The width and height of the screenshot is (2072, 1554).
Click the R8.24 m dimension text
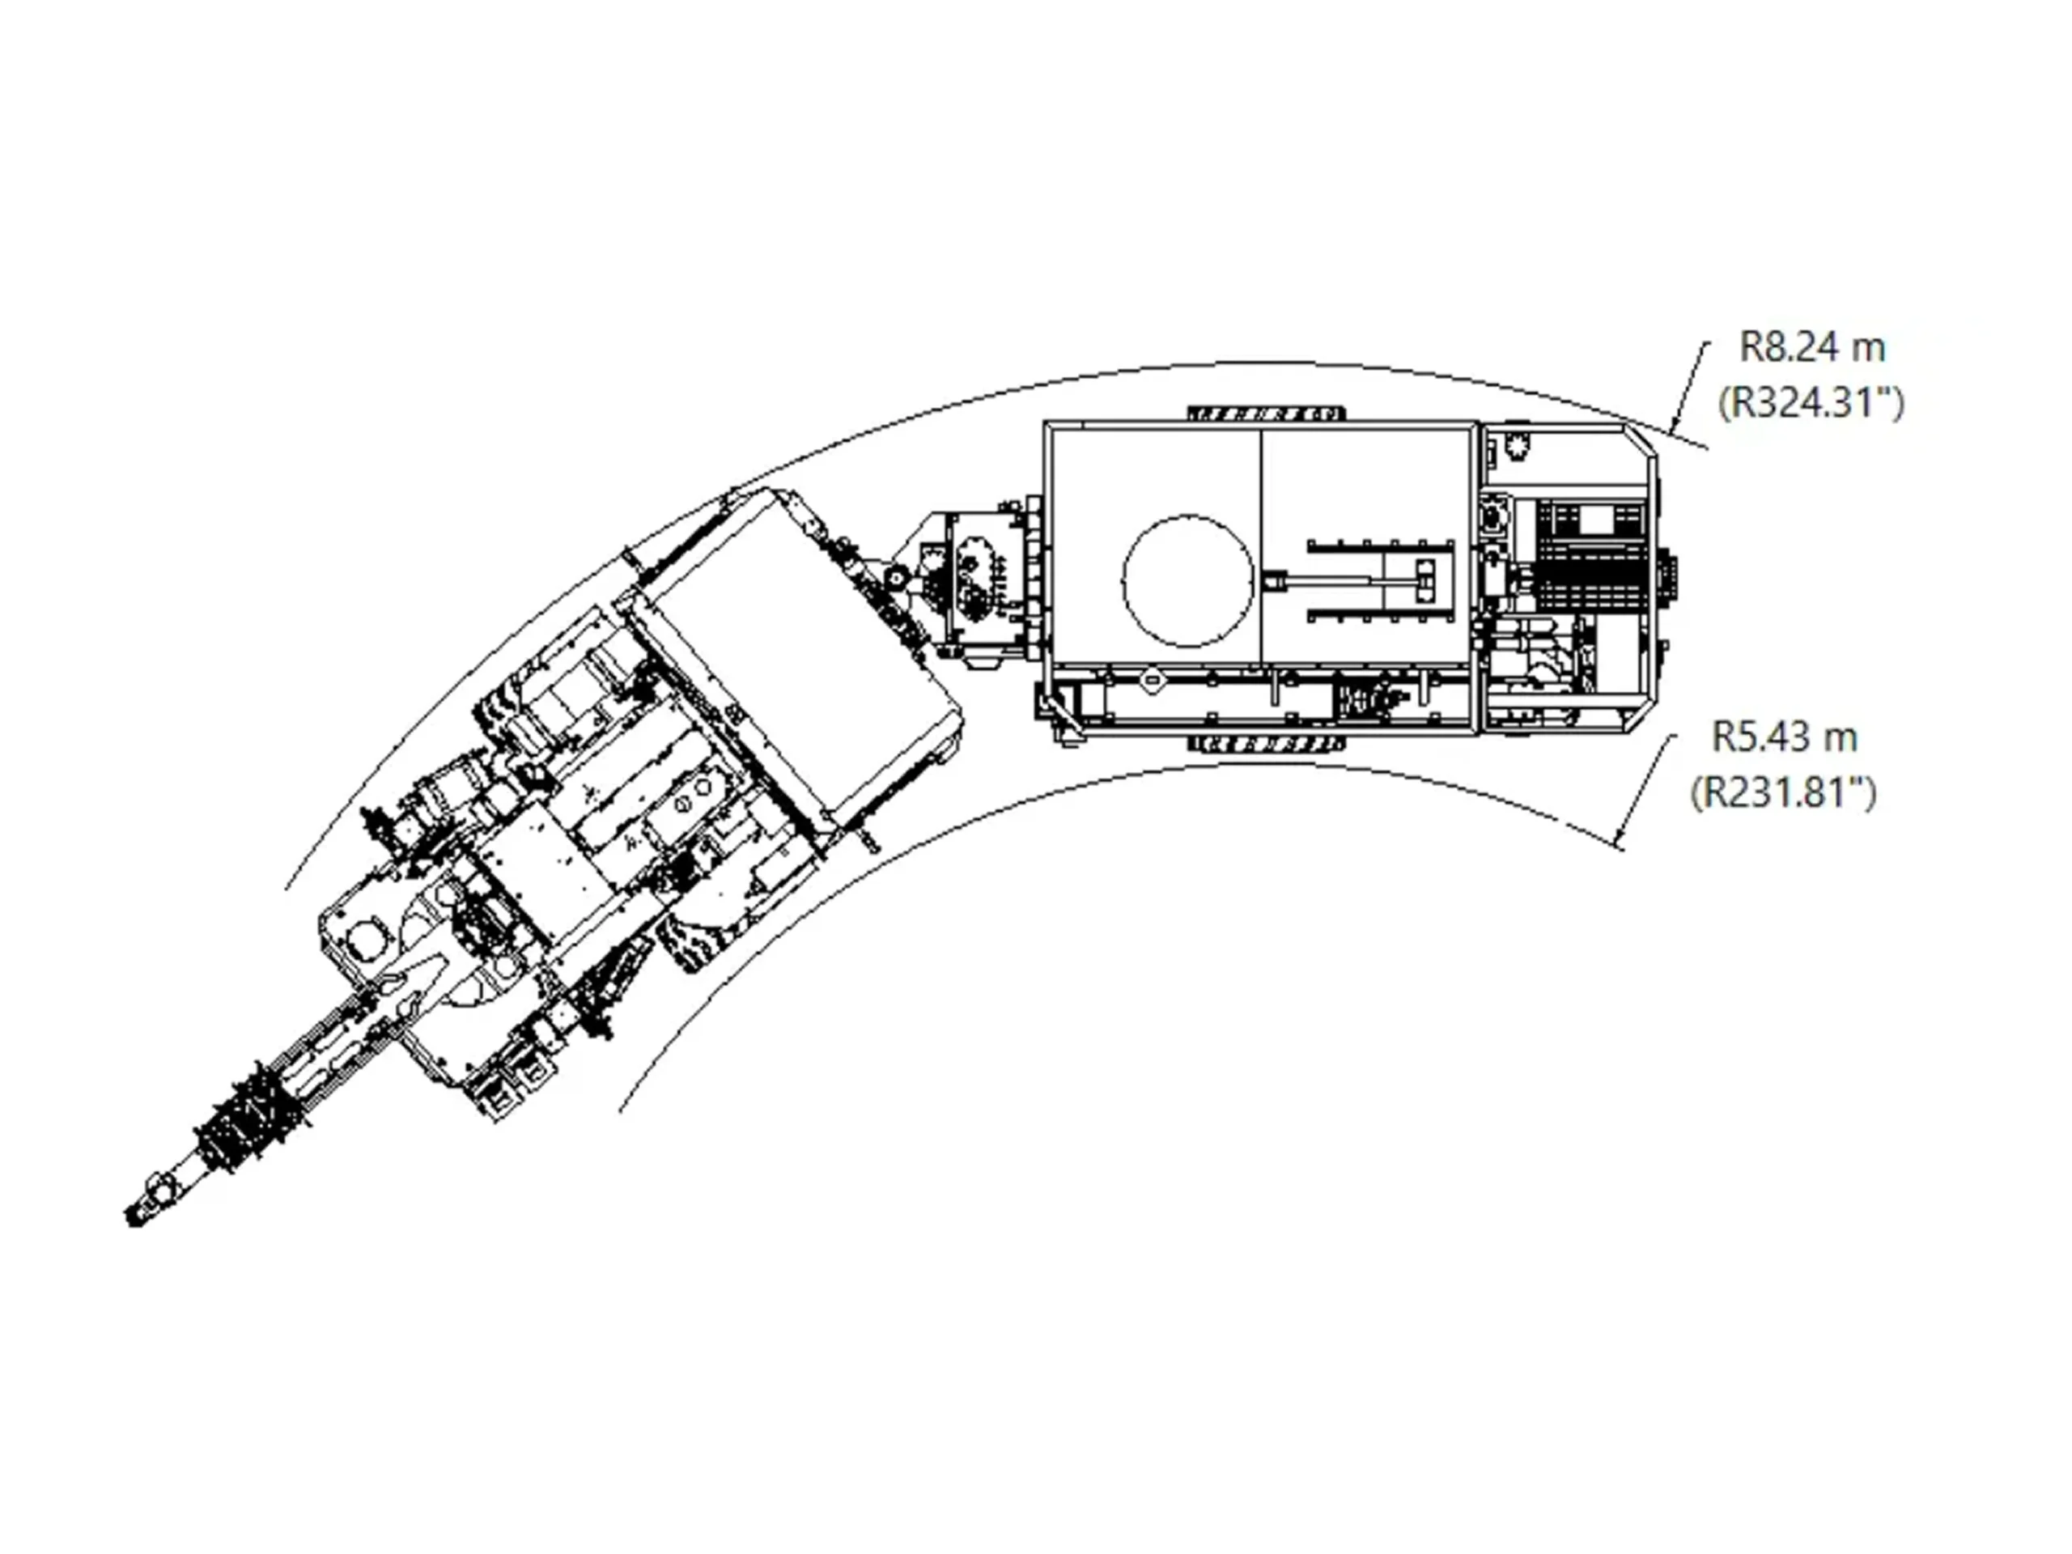click(x=1811, y=347)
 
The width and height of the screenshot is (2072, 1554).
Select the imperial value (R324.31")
click(x=1811, y=404)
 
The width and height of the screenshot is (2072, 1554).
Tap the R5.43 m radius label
click(x=1785, y=737)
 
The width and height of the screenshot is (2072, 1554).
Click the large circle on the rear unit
click(x=1187, y=581)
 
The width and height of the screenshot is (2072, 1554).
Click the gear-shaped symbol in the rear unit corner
click(x=1514, y=446)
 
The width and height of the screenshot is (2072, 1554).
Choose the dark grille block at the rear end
click(x=1590, y=558)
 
